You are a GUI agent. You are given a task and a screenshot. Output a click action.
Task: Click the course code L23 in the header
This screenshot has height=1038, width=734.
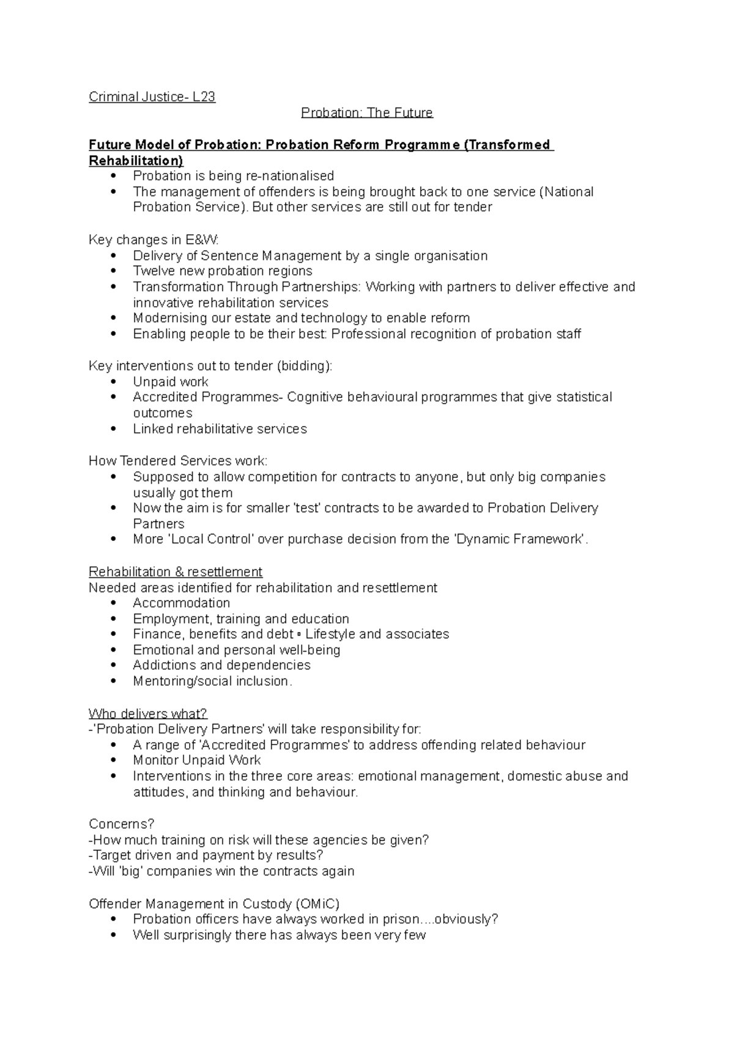coord(204,97)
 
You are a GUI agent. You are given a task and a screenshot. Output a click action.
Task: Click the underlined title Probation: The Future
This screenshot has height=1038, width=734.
coord(366,112)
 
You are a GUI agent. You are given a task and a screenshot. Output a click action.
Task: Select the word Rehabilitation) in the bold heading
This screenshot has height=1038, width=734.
coord(136,161)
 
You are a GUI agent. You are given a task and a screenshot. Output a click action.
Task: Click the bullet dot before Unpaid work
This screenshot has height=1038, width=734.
coord(114,381)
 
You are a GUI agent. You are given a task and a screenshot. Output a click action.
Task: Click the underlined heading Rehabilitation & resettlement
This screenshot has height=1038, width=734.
coord(176,572)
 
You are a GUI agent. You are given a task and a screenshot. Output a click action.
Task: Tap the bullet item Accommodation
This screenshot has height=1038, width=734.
coord(181,603)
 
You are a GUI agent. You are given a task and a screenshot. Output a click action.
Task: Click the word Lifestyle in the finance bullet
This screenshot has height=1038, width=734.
coord(330,634)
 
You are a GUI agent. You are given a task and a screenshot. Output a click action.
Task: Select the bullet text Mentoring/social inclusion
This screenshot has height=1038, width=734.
coord(212,681)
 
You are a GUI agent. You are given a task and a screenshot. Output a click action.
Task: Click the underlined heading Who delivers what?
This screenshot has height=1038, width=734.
coord(148,713)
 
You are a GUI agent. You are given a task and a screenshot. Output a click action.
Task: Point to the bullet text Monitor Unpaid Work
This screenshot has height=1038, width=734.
coord(196,760)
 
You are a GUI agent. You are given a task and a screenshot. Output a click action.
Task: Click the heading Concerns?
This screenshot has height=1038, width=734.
coord(122,823)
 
